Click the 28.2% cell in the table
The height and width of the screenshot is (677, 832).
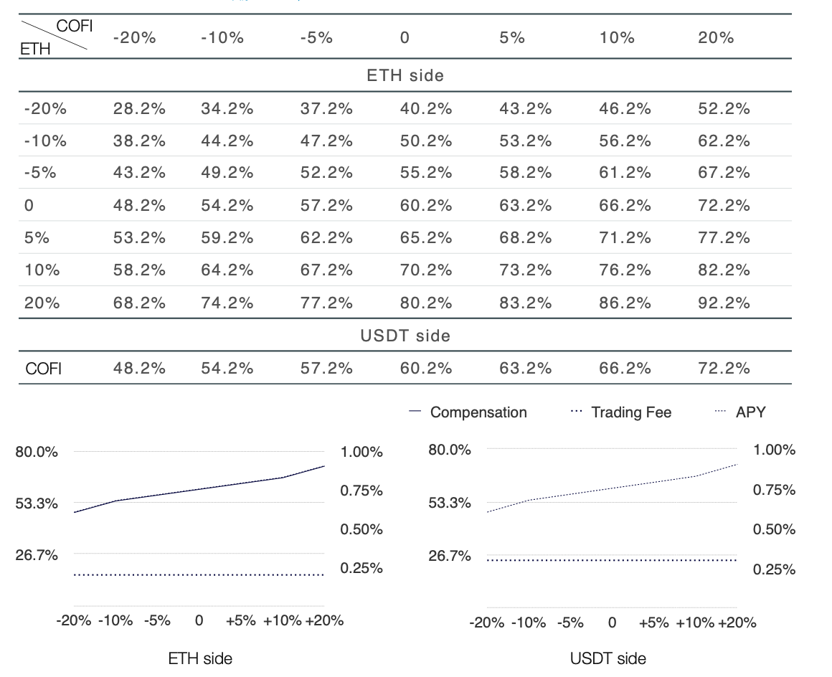(x=139, y=109)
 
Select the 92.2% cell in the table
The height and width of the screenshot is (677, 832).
(x=724, y=303)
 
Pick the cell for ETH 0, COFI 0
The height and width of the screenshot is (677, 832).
(x=425, y=205)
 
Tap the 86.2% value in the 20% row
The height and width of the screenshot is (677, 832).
(x=625, y=303)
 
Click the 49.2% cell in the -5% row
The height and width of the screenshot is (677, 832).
(x=227, y=172)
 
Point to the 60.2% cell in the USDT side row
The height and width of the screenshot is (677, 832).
(x=425, y=368)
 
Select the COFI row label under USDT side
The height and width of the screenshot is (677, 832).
(x=44, y=368)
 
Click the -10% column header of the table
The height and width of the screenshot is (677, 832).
(x=222, y=38)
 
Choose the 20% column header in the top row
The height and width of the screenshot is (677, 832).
(x=716, y=38)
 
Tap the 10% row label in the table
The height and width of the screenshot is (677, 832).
(x=42, y=270)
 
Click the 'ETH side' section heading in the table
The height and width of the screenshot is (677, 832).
(x=405, y=75)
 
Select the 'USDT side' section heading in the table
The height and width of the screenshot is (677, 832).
(x=405, y=336)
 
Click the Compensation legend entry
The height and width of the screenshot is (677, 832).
(x=468, y=412)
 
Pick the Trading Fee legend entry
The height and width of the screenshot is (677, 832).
(x=621, y=412)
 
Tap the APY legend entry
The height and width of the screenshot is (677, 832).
(x=740, y=412)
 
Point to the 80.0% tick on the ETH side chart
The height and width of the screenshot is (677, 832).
(x=37, y=452)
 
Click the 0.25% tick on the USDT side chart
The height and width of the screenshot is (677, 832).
(x=774, y=569)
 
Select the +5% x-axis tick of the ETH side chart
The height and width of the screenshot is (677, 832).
(x=241, y=620)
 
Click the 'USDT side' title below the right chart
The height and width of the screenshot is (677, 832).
(x=608, y=659)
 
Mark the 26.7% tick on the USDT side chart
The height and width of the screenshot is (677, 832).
(x=450, y=556)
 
